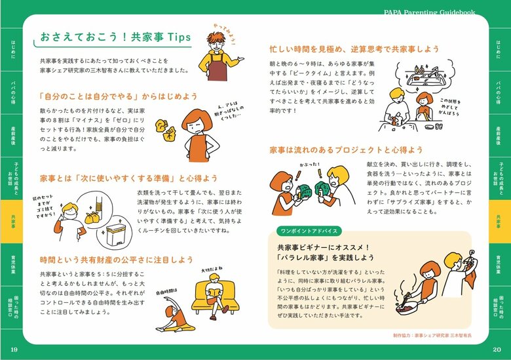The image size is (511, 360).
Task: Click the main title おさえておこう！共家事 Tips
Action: tap(115, 37)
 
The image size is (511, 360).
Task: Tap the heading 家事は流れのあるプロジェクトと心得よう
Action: tap(346, 150)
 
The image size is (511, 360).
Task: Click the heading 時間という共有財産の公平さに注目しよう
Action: tap(116, 260)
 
